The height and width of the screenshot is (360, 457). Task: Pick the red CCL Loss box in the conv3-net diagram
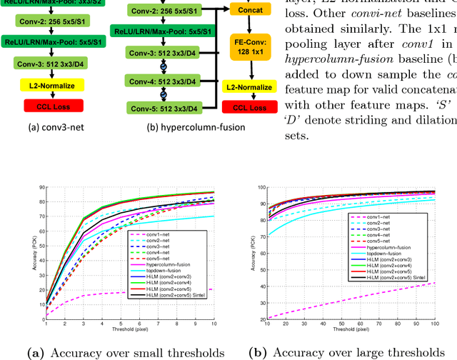44,106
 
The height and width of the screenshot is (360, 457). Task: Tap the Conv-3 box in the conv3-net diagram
44,62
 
